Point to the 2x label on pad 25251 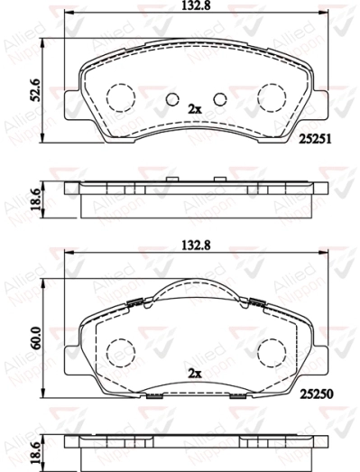[x=193, y=108]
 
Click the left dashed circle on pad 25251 [x=119, y=96]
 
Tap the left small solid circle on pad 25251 [x=171, y=100]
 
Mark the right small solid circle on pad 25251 [x=217, y=100]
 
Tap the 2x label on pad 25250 [x=193, y=372]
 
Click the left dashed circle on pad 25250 [x=119, y=352]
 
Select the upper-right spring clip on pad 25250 [x=256, y=302]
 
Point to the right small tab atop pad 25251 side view [x=217, y=180]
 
